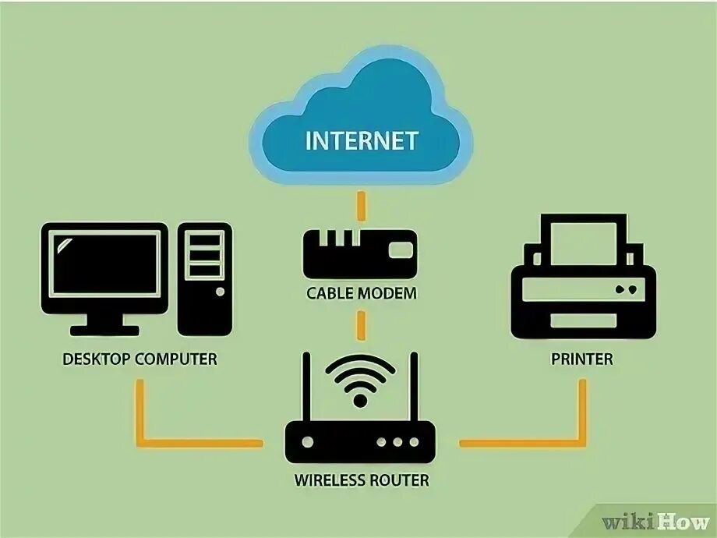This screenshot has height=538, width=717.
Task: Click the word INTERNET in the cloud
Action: (362, 141)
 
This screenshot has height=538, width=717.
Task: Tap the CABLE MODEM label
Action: (362, 294)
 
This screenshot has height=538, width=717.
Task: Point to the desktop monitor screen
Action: (104, 266)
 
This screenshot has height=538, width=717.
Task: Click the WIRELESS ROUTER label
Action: (361, 480)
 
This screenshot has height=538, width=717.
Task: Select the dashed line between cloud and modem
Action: (361, 206)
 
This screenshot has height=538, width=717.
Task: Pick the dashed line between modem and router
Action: (361, 323)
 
